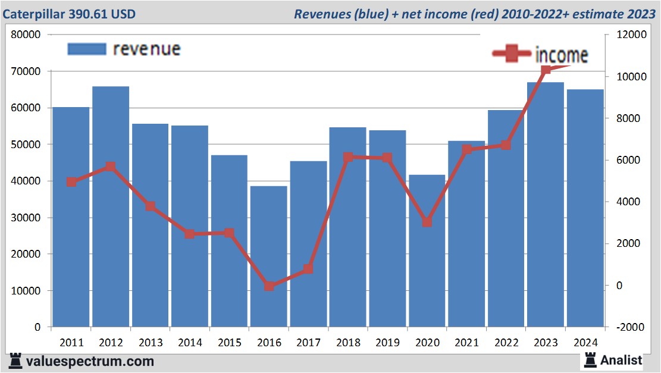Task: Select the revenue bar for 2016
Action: [268, 256]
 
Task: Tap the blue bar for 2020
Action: [427, 250]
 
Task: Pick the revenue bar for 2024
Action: [585, 208]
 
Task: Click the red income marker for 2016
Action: [269, 286]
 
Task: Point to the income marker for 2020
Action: [427, 222]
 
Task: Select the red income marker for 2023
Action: [546, 70]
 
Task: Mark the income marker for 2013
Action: [150, 206]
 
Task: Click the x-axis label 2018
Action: [348, 343]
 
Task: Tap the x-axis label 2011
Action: [71, 343]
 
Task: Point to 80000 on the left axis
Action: [26, 35]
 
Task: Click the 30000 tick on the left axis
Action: [26, 218]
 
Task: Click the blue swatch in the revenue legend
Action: [86, 49]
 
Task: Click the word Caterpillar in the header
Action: [31, 14]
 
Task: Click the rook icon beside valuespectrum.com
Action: [16, 361]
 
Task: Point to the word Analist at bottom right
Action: [621, 360]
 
